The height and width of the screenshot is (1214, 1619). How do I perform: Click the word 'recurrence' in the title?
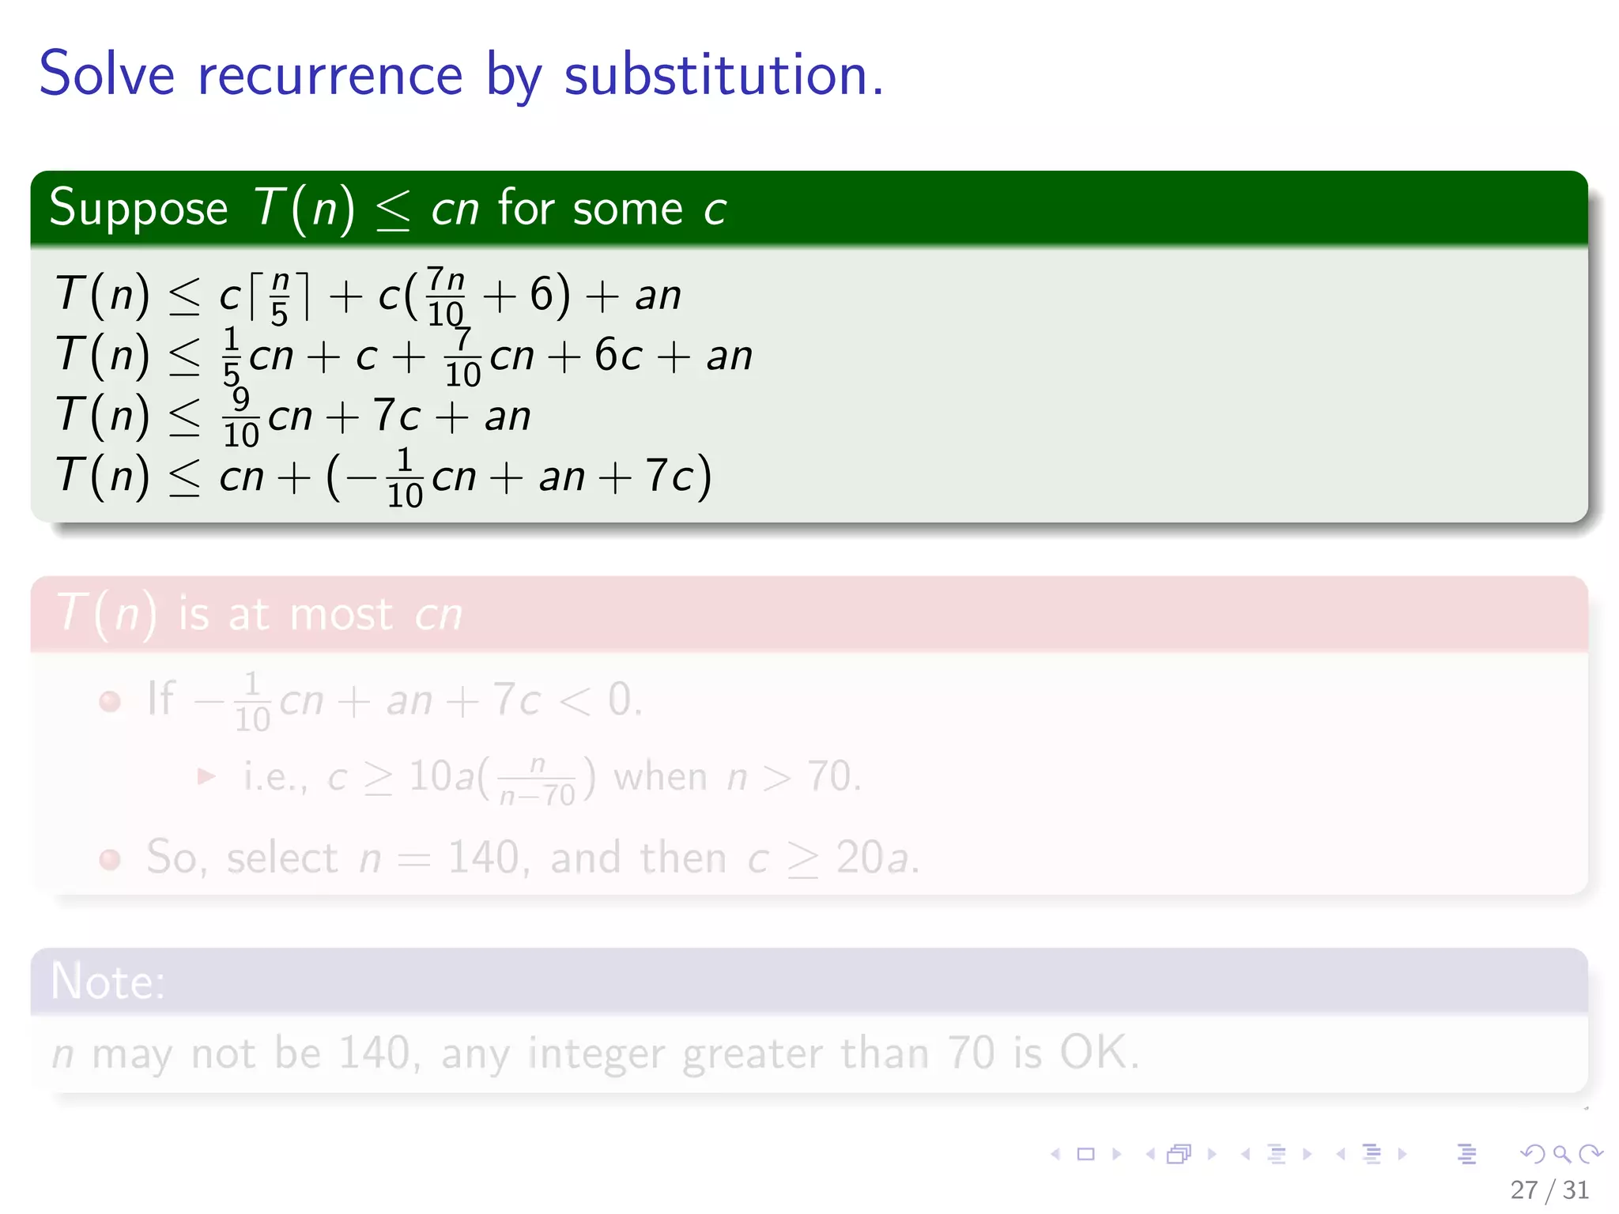(x=330, y=75)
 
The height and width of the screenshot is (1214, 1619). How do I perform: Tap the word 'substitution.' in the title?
(x=723, y=75)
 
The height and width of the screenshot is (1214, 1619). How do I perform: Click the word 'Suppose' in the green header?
(x=138, y=209)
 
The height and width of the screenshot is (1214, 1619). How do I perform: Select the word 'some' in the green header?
(x=628, y=209)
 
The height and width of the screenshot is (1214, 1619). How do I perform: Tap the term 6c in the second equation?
(x=618, y=355)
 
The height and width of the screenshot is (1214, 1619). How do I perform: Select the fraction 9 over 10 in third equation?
(x=241, y=417)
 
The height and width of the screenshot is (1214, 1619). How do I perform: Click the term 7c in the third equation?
(x=396, y=416)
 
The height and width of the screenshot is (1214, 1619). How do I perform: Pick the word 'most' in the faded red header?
(x=341, y=614)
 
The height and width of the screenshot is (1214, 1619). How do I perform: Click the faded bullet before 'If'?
(x=110, y=701)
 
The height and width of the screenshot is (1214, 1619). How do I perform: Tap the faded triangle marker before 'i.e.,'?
(x=206, y=776)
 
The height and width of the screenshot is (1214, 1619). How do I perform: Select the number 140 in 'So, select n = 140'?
(x=484, y=858)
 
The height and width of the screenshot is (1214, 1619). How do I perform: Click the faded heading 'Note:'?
(x=108, y=982)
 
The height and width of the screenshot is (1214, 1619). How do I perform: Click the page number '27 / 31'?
(x=1549, y=1189)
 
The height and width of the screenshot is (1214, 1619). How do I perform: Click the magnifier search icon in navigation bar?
(x=1561, y=1154)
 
